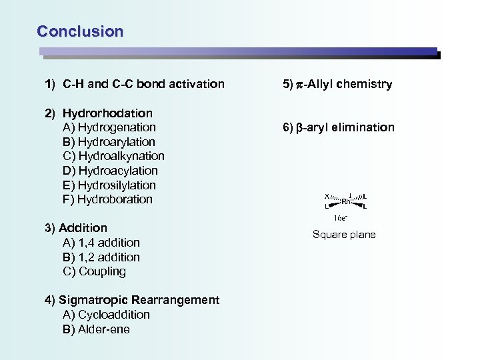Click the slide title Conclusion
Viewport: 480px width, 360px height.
[x=80, y=31]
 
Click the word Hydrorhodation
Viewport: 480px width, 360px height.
[x=107, y=113]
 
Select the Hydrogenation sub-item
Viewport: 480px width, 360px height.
[x=116, y=127]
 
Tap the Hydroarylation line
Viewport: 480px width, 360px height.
[x=116, y=142]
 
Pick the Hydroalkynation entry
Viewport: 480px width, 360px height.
[x=121, y=156]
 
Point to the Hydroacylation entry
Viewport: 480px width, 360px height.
[x=117, y=171]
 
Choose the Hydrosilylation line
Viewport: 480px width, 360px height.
[x=116, y=185]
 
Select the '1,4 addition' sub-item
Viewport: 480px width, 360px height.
[x=109, y=243]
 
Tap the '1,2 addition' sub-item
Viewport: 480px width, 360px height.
[x=109, y=257]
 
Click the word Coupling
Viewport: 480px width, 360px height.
[x=102, y=271]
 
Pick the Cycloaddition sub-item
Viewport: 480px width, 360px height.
[x=114, y=315]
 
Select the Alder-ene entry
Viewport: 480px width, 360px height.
[x=103, y=329]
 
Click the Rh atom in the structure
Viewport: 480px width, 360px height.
[x=346, y=201]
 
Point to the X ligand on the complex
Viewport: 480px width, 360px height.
[x=327, y=196]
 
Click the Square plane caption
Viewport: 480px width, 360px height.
[x=344, y=235]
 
